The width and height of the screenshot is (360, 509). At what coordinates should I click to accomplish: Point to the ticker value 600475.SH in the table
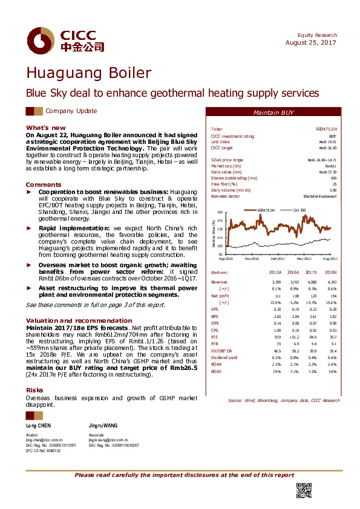click(x=326, y=129)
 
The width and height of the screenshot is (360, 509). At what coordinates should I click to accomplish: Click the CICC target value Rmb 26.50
click(x=327, y=148)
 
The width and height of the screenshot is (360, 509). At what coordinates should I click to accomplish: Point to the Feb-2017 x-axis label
click(x=278, y=258)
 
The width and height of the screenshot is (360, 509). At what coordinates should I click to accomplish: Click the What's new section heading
click(x=45, y=128)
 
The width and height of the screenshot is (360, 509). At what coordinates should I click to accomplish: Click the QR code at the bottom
click(x=303, y=491)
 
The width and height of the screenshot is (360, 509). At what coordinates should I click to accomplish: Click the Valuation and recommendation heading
click(x=66, y=320)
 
